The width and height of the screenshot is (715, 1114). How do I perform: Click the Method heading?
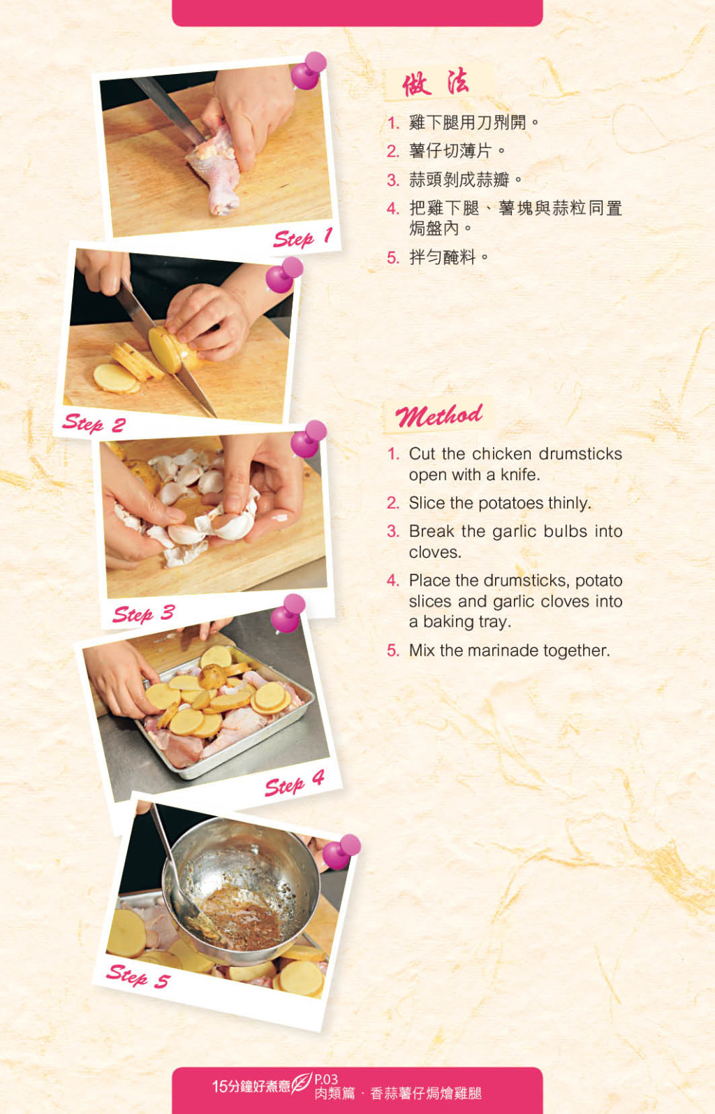439,416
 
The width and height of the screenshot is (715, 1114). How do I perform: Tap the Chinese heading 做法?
435,82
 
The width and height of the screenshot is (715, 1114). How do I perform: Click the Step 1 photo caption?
303,238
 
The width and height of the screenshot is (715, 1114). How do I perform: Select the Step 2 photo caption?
94,424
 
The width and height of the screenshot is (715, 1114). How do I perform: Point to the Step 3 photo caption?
144,614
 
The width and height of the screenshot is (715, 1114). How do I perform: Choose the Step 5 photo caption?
138,976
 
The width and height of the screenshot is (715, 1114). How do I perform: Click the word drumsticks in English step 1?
580,454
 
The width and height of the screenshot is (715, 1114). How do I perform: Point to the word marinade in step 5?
503,650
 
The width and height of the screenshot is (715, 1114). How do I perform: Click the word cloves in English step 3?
435,552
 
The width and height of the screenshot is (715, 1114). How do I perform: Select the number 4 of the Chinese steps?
392,208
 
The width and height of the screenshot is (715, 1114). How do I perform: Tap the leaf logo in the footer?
301,1082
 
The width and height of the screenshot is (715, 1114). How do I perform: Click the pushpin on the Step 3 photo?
308,439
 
